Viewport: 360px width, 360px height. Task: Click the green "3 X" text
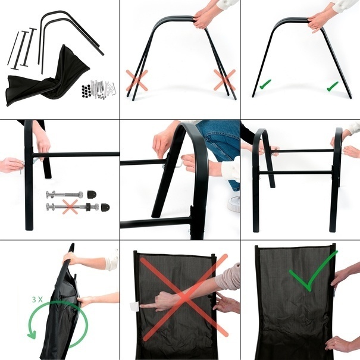tap(37, 300)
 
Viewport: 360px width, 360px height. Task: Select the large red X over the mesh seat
tap(184, 297)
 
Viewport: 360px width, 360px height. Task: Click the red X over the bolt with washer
tap(70, 207)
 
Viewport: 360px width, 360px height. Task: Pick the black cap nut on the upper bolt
tap(92, 194)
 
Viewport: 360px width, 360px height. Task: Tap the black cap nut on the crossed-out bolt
tap(105, 207)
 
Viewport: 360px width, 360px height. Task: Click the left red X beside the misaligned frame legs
tap(137, 80)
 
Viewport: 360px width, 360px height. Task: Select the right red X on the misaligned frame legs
tap(224, 80)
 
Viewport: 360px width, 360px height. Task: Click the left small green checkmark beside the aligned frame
tap(265, 84)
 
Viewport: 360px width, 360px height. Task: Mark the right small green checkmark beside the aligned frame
tap(333, 86)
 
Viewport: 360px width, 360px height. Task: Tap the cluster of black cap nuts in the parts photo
tap(86, 90)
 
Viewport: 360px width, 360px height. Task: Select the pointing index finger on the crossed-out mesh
tap(150, 305)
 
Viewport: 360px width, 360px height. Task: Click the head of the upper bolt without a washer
tap(50, 194)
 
